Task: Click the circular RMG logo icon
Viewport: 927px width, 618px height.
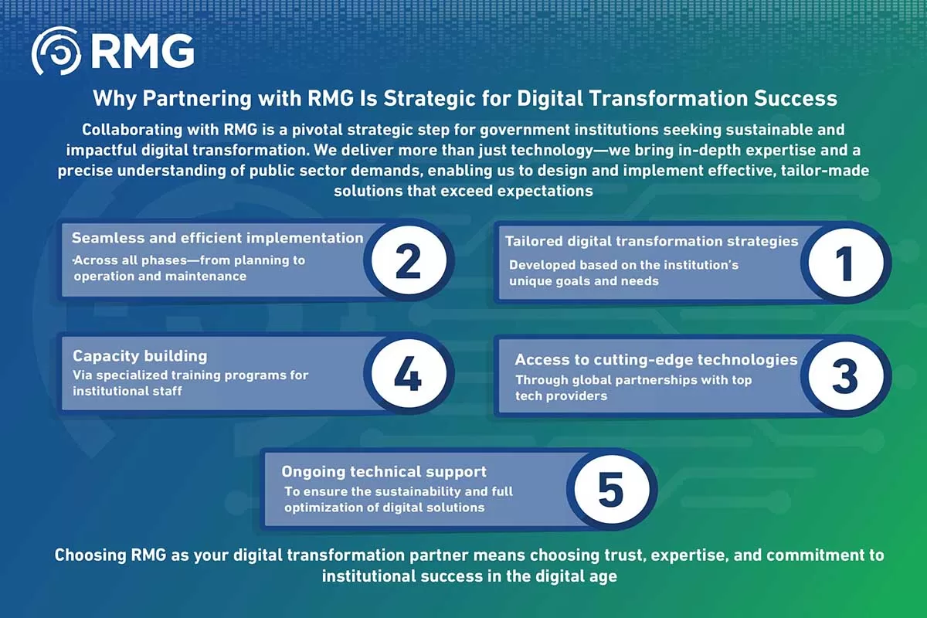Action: [x=56, y=51]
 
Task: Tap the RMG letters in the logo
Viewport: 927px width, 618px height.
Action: [x=143, y=51]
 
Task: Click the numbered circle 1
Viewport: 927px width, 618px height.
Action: [x=846, y=263]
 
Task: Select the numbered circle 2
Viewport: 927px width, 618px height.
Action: [x=409, y=260]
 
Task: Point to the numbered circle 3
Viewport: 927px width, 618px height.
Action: [x=846, y=376]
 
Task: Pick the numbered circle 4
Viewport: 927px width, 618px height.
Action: [x=409, y=374]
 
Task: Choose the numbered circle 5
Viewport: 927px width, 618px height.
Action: [x=612, y=489]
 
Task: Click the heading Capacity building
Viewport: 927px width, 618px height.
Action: [x=140, y=355]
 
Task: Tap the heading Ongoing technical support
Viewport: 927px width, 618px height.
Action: [x=384, y=471]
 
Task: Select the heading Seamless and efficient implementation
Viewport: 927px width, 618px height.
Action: [x=218, y=238]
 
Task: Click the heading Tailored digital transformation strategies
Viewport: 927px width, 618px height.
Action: [x=652, y=241]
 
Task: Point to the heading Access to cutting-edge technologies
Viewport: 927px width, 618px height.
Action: [x=657, y=359]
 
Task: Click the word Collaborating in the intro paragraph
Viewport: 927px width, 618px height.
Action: [x=132, y=130]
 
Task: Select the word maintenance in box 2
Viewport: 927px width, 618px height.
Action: [x=205, y=276]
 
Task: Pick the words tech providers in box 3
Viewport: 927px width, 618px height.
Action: [x=561, y=396]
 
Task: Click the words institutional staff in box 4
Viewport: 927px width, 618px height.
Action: [x=127, y=391]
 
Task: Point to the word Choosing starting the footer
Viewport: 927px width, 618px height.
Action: [x=90, y=555]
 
